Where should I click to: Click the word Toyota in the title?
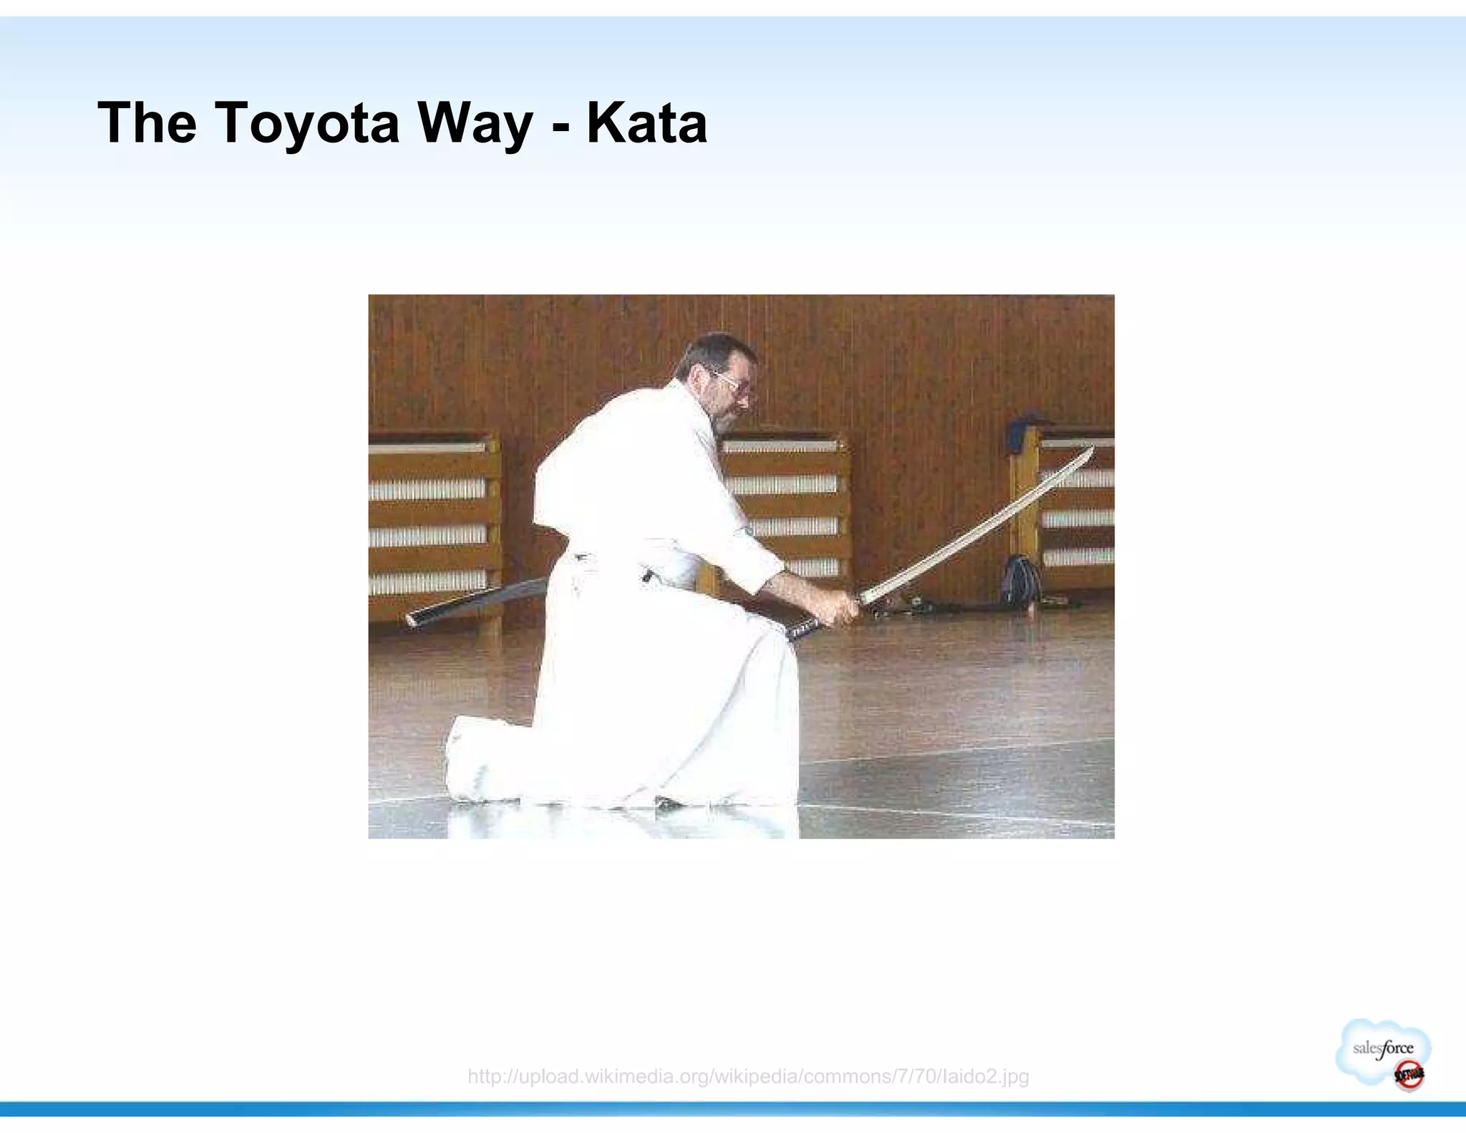[306, 123]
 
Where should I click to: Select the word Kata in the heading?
[646, 123]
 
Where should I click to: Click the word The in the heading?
[147, 123]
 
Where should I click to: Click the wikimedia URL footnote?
[748, 1076]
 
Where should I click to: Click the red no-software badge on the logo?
[1408, 1074]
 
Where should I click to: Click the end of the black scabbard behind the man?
[414, 619]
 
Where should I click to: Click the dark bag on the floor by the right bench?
[1020, 580]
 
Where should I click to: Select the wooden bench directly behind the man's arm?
[787, 501]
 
